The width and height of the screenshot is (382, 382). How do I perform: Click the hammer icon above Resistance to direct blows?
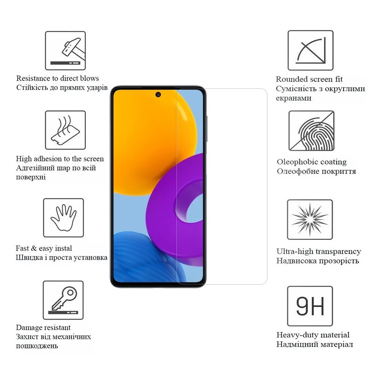(65, 50)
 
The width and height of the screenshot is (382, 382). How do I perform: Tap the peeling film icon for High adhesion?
(65, 130)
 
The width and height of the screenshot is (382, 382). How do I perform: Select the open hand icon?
(63, 218)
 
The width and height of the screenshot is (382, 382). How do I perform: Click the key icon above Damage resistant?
(63, 300)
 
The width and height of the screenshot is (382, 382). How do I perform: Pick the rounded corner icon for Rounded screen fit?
(310, 50)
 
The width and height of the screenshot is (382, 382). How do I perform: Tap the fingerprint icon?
(311, 131)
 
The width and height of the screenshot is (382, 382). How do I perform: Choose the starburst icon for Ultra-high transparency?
(310, 219)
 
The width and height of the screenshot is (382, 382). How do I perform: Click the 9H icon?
(310, 306)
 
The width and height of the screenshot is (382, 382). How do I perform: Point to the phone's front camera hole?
(158, 95)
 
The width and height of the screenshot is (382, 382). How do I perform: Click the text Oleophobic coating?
(311, 162)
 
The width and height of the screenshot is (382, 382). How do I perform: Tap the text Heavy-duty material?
(313, 335)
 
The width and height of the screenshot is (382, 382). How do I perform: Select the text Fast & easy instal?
(44, 248)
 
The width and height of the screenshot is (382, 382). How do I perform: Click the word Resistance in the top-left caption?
(33, 78)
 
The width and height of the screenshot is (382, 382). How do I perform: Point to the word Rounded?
(292, 79)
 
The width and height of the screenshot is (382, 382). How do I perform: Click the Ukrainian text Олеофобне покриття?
(316, 172)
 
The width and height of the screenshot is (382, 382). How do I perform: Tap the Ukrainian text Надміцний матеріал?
(314, 344)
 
